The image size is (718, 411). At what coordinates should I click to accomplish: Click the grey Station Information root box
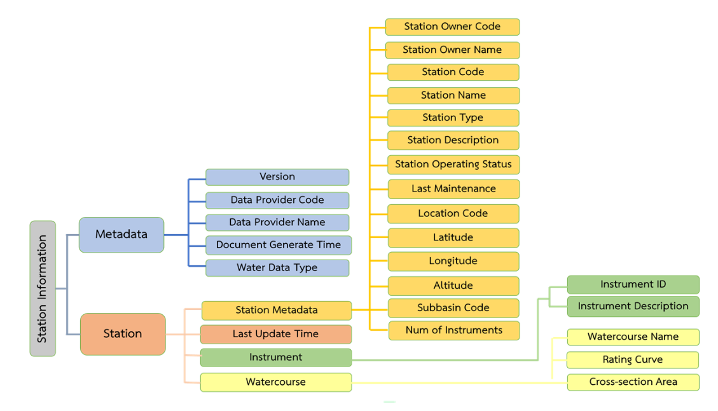tap(43, 288)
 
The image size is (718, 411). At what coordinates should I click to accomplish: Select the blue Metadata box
tap(121, 234)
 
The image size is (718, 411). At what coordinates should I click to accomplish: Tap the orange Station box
tap(123, 333)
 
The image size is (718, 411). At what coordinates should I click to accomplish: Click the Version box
tap(277, 177)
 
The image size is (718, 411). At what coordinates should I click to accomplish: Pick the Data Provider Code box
tap(277, 200)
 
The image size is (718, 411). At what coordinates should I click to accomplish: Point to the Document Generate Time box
tap(278, 245)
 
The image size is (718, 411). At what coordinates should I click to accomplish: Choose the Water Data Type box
tap(277, 268)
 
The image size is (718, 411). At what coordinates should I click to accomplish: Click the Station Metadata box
tap(277, 310)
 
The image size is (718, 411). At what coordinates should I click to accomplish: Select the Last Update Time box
tap(276, 334)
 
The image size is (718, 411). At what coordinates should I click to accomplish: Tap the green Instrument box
tap(276, 358)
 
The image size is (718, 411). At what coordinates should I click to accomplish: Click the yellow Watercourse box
tap(276, 382)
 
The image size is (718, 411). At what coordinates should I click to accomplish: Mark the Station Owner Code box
tap(452, 27)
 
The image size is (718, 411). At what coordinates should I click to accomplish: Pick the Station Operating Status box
tap(453, 164)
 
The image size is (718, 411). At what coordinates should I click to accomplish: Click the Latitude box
tap(453, 237)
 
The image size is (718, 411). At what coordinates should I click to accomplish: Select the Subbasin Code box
tap(453, 308)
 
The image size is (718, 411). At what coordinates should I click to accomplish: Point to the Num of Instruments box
tap(454, 330)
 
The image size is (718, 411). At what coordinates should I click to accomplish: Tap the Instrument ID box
tap(633, 284)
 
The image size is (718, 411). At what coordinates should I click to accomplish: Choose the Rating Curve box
tap(633, 360)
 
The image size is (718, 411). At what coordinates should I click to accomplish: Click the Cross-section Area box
tap(633, 382)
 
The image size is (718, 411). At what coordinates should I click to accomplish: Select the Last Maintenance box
tap(453, 189)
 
